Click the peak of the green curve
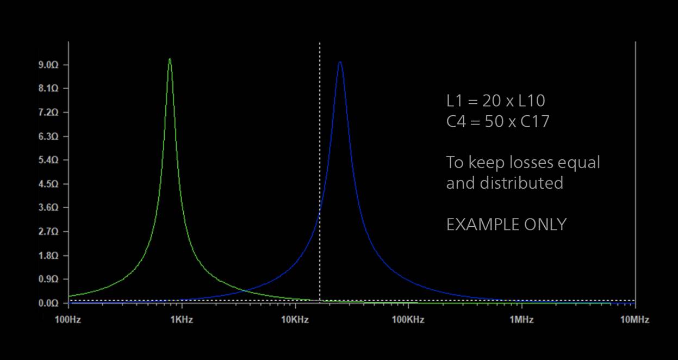[x=170, y=59]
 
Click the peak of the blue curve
[x=340, y=62]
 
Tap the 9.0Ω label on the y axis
[x=48, y=65]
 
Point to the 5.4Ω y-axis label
[x=48, y=160]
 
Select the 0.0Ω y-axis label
[x=48, y=303]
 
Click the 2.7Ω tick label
[x=48, y=232]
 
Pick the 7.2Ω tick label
[x=48, y=113]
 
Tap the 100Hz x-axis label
[x=68, y=320]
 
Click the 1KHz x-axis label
[x=182, y=320]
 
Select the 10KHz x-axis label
[x=295, y=320]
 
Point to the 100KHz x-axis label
[x=408, y=320]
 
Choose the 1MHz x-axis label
[x=521, y=320]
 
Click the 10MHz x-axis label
[x=635, y=320]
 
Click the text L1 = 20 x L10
[x=496, y=101]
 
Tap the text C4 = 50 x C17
[x=498, y=121]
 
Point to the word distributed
[x=521, y=183]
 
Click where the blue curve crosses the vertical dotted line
[x=320, y=212]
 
